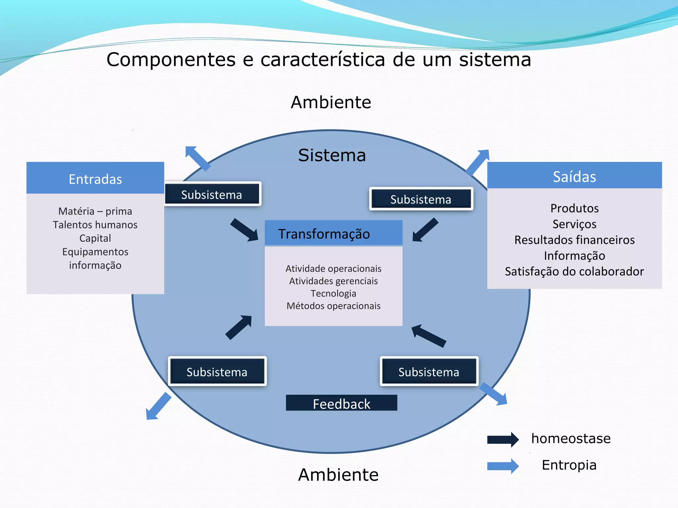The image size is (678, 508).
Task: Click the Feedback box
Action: (341, 403)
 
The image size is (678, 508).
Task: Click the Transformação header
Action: (333, 233)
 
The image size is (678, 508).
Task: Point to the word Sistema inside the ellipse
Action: (332, 155)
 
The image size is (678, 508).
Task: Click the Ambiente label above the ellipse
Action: (331, 102)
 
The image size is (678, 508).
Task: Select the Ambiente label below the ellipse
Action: (338, 475)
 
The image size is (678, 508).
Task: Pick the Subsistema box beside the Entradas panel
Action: (212, 194)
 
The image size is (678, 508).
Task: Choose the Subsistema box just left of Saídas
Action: (421, 199)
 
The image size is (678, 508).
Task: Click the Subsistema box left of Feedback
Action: (217, 371)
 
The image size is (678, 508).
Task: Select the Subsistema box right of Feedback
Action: (429, 371)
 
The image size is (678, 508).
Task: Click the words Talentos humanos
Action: (95, 225)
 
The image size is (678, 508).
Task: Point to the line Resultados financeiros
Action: (574, 240)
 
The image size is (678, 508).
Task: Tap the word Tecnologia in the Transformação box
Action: (333, 293)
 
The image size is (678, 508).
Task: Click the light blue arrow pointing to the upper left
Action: (198, 158)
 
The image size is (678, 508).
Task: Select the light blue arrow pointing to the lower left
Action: (159, 406)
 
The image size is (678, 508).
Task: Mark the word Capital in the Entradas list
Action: (95, 238)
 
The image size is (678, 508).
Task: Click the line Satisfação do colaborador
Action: (574, 272)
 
